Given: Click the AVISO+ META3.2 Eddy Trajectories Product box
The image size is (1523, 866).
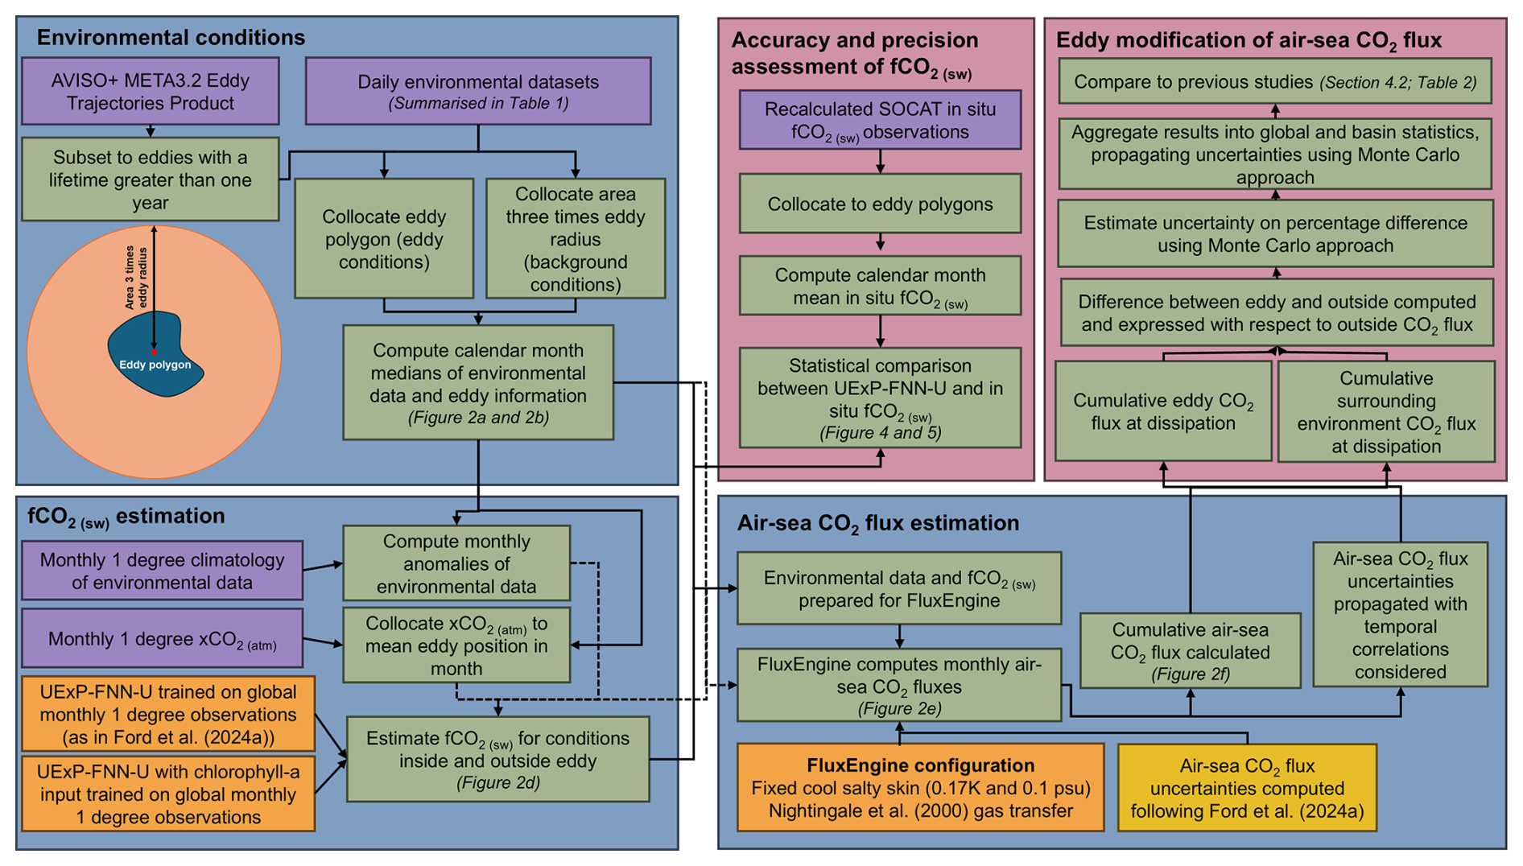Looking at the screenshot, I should click(x=151, y=91).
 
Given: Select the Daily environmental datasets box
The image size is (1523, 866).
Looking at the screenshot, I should click(x=478, y=91).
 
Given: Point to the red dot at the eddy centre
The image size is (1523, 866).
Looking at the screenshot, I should click(x=154, y=352).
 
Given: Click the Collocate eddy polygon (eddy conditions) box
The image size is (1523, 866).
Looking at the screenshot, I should click(x=384, y=239).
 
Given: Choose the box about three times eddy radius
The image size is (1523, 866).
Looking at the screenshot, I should click(x=576, y=239).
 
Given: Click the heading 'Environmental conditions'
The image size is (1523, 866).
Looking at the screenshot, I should click(x=171, y=38).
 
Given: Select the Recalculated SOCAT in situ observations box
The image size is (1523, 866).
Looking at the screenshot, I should click(x=880, y=120).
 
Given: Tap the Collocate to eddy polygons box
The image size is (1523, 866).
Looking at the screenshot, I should click(x=880, y=204).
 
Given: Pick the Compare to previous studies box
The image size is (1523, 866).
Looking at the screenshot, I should click(x=1275, y=81).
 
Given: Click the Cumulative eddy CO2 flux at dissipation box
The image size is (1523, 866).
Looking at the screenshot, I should click(x=1163, y=411).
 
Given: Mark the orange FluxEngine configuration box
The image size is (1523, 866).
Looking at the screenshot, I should click(x=920, y=788).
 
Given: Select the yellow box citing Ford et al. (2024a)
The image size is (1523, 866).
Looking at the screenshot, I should click(x=1247, y=788).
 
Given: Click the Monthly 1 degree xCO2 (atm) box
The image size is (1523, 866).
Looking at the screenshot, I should click(x=163, y=639).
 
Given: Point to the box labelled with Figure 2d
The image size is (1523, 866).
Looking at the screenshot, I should click(x=497, y=760).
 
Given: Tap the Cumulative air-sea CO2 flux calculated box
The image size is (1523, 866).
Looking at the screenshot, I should click(x=1190, y=651).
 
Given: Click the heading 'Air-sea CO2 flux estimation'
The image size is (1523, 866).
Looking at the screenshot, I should click(x=878, y=523).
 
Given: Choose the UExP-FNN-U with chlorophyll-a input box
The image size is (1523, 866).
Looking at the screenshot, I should click(x=168, y=794).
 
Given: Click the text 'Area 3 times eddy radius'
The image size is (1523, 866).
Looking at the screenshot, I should click(x=136, y=278).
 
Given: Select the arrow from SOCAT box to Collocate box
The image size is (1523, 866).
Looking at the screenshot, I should click(x=880, y=162).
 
